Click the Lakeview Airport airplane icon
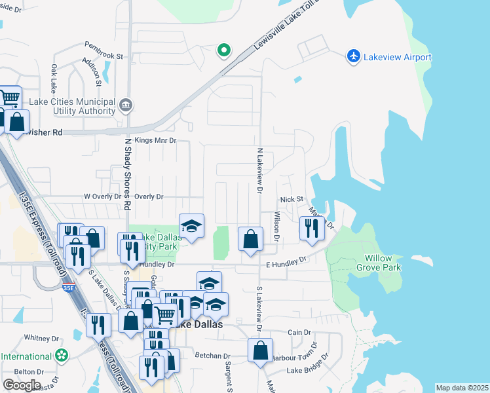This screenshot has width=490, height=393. (354, 56)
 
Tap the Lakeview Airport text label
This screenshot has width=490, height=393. (397, 57)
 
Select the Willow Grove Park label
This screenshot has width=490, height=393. (378, 263)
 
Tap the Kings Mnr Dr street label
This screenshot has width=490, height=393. (155, 140)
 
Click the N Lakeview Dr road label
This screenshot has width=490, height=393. (260, 170)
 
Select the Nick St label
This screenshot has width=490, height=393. (292, 199)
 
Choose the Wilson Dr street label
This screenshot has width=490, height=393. (277, 227)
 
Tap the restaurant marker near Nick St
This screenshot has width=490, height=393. (309, 228)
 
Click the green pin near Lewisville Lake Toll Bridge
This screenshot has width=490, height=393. (223, 50)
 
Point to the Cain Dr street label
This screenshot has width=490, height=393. (298, 333)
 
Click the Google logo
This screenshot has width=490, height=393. (22, 385)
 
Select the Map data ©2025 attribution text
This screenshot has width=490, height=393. (462, 388)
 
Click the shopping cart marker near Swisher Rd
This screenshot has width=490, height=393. (9, 98)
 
